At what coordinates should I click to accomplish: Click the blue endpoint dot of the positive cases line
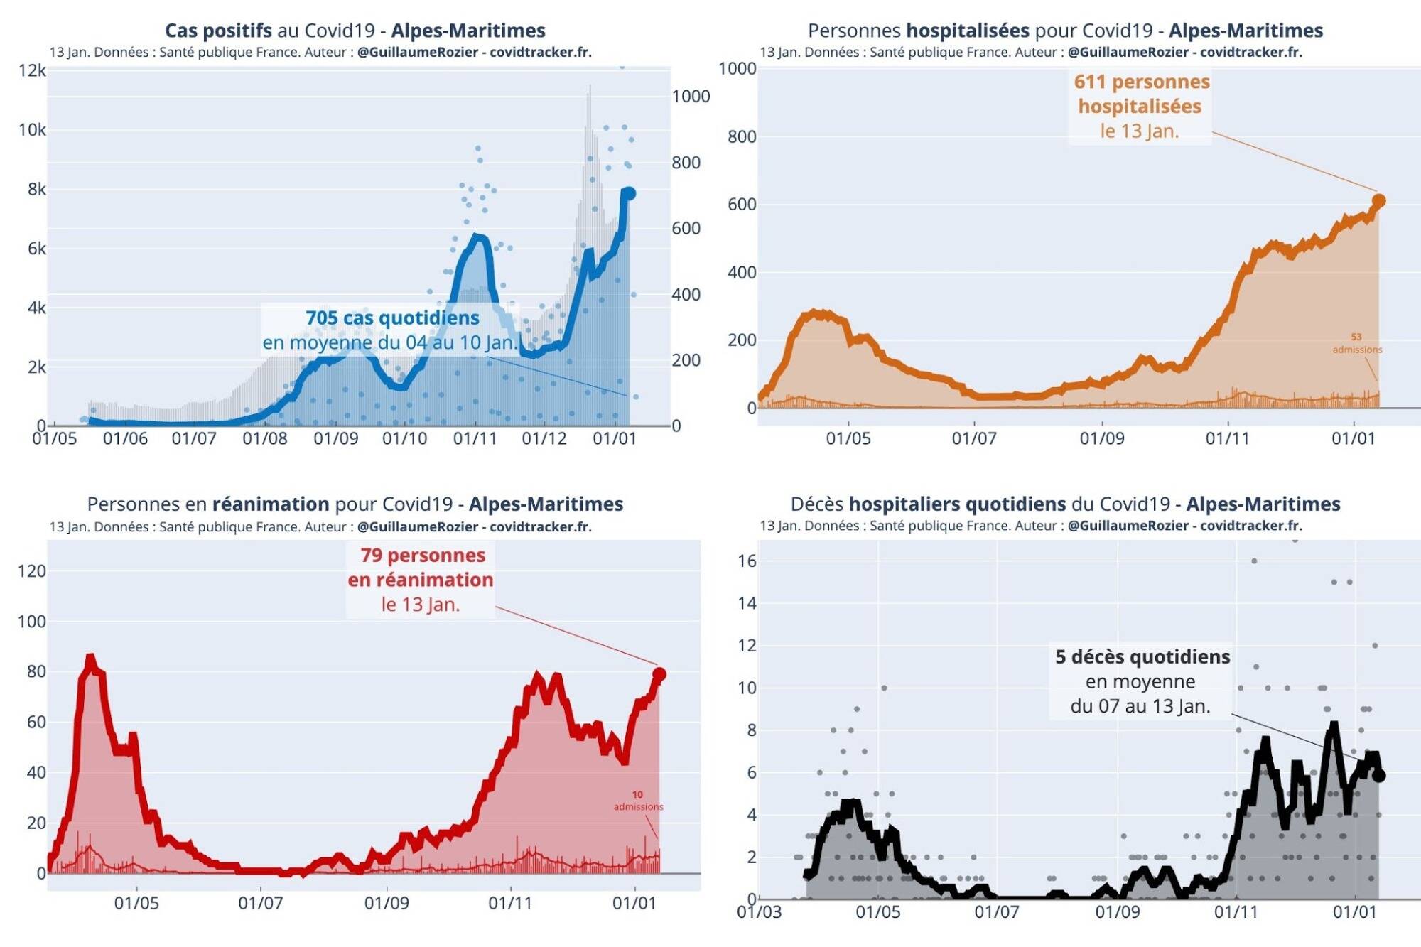(x=628, y=193)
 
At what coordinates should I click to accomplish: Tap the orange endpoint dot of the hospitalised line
(x=1378, y=201)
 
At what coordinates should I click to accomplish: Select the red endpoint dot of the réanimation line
(x=659, y=674)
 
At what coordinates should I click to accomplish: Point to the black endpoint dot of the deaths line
(x=1378, y=776)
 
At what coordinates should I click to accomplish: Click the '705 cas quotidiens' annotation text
(x=392, y=318)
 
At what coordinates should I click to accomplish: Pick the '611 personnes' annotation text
(x=1141, y=82)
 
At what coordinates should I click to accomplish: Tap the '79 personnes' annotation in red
(x=423, y=555)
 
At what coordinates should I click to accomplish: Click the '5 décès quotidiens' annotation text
(x=1142, y=656)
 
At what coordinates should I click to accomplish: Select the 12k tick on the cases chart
(x=32, y=70)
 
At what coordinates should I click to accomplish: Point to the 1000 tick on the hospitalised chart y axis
(x=737, y=68)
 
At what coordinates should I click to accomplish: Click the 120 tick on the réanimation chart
(x=31, y=570)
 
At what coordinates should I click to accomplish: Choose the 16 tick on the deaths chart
(x=747, y=561)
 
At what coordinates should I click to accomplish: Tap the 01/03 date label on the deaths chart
(x=759, y=911)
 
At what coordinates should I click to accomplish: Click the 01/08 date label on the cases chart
(x=264, y=438)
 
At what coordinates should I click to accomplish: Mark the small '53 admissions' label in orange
(x=1357, y=343)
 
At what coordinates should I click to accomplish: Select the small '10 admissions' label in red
(x=638, y=801)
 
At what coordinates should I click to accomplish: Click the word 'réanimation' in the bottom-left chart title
(x=271, y=504)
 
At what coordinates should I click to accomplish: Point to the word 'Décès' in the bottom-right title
(x=817, y=504)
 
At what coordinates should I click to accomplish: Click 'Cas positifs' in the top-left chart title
(x=218, y=31)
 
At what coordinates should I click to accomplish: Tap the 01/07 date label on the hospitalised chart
(x=974, y=438)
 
